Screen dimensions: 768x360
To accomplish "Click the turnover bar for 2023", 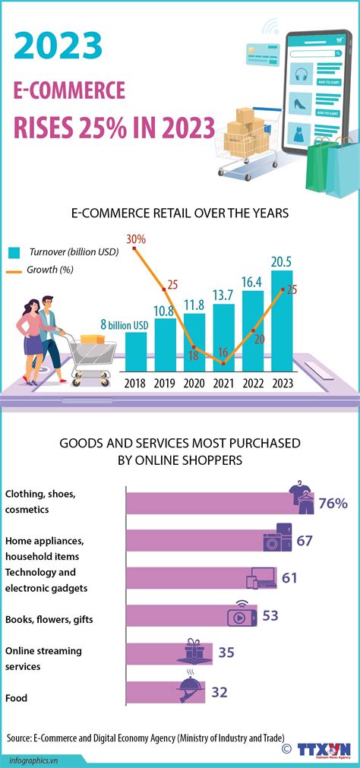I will pos(282,319).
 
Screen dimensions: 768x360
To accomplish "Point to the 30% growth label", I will pos(136,239).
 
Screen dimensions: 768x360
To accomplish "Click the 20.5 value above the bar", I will pos(282,261).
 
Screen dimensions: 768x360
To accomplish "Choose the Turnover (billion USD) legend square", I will pos(14,251).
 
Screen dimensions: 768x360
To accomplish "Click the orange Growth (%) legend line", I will pos(14,270).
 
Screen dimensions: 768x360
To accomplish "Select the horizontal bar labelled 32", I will pos(163,692).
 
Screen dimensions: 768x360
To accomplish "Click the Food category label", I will pos(17,697).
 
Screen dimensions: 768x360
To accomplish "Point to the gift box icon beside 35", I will pos(194,649).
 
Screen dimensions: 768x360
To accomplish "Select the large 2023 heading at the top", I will pos(58,46).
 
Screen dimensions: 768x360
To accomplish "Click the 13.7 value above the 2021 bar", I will pos(223,294).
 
